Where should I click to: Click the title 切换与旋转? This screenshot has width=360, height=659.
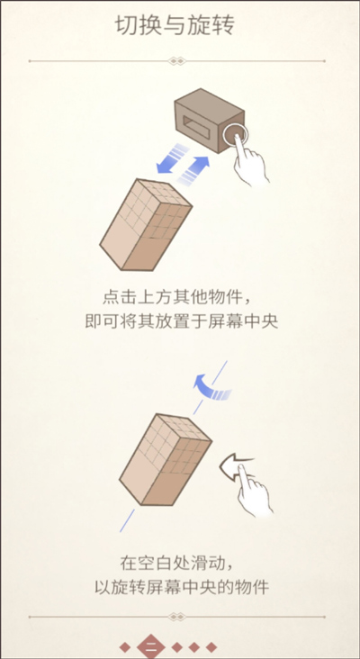(x=175, y=25)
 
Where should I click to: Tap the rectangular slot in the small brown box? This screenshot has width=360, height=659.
(x=198, y=124)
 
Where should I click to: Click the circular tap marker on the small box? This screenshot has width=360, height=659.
(x=235, y=135)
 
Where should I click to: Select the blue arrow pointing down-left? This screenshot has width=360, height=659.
(x=170, y=158)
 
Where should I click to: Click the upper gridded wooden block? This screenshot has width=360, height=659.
(x=146, y=224)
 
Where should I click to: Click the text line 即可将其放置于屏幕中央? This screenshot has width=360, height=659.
(x=182, y=321)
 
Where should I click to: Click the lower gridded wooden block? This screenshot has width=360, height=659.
(x=166, y=459)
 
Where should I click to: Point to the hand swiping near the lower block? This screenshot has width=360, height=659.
(x=253, y=490)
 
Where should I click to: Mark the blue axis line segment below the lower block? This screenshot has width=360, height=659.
(x=127, y=520)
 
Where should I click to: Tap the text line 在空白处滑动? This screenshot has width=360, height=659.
(x=175, y=563)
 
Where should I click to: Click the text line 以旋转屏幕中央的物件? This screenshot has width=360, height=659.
(x=182, y=587)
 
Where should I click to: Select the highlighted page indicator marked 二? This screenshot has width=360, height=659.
(x=151, y=647)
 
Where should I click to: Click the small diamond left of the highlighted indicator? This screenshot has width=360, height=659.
(x=125, y=647)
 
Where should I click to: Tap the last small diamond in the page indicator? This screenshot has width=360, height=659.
(x=211, y=647)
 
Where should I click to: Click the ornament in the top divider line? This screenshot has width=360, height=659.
(x=176, y=61)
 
